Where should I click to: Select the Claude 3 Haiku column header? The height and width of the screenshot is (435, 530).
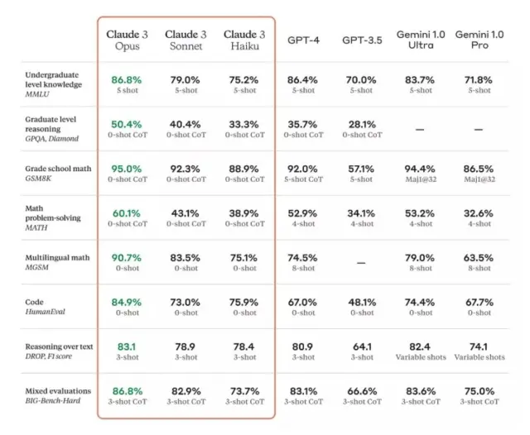tap(244, 40)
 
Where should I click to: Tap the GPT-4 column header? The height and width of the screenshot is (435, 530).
tap(303, 40)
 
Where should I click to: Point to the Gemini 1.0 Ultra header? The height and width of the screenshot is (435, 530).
tap(422, 40)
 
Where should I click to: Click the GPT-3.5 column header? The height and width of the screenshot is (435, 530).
tap(362, 40)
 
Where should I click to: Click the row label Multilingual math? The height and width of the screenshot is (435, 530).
tap(56, 258)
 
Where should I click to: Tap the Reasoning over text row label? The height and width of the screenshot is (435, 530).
tap(57, 347)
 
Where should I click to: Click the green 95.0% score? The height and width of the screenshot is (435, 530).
tap(127, 169)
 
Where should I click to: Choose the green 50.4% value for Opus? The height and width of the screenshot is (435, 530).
tap(127, 124)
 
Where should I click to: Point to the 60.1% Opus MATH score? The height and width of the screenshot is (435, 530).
tap(127, 213)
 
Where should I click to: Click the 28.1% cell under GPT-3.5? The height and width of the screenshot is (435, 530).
tap(362, 124)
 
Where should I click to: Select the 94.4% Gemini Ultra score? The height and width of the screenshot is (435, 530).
tap(421, 169)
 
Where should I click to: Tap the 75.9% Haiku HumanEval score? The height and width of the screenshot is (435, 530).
tap(244, 302)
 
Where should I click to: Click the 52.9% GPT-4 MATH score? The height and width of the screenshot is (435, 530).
tap(303, 213)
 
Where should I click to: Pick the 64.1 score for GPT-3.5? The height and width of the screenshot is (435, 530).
tap(362, 347)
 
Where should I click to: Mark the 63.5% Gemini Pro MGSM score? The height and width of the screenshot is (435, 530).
tap(479, 258)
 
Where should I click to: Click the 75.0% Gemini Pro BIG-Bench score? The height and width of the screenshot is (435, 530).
tap(479, 391)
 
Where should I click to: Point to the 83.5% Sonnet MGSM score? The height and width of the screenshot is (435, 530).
tap(185, 258)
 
